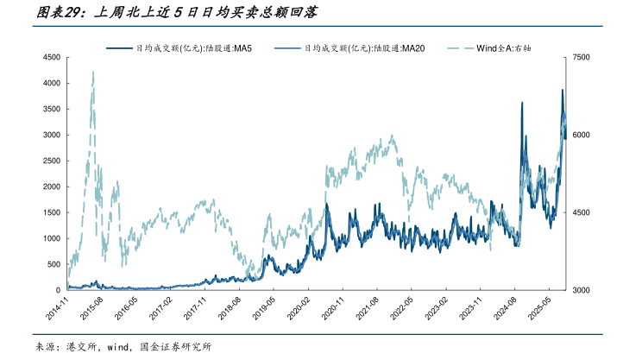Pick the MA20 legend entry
click(x=362, y=48)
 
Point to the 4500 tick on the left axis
click(x=50, y=58)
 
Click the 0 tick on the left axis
click(x=57, y=290)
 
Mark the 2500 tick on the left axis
click(x=50, y=161)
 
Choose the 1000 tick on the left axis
click(x=50, y=238)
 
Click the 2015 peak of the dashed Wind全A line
click(x=92, y=73)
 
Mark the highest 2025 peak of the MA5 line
click(x=563, y=90)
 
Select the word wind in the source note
click(x=116, y=347)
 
